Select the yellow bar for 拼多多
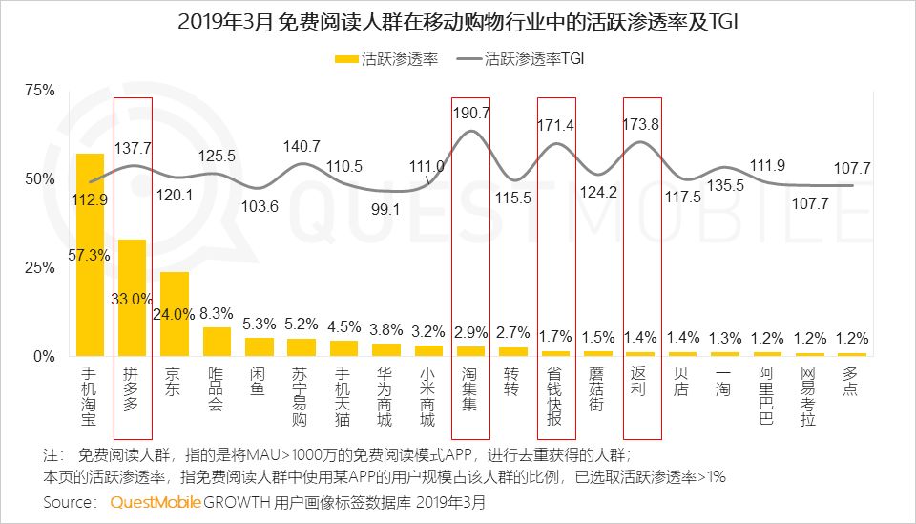coord(132,298)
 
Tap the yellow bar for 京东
coord(175,314)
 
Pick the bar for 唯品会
coord(218,342)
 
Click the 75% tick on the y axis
coord(40,90)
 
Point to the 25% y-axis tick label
coord(40,267)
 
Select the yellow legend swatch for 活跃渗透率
coord(344,58)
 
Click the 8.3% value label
coord(219,311)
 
